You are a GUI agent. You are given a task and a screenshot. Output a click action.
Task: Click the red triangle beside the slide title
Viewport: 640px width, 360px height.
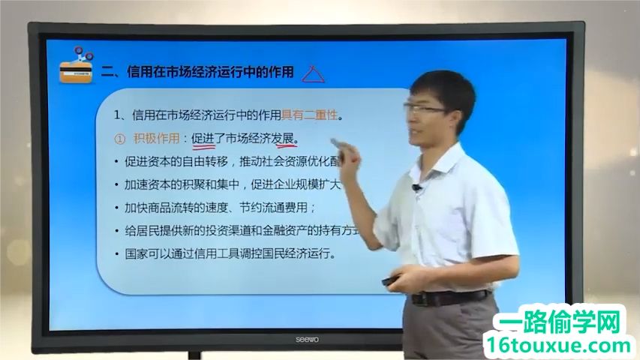pos(314,73)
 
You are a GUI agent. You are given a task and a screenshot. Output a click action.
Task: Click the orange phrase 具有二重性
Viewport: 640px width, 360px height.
pos(310,115)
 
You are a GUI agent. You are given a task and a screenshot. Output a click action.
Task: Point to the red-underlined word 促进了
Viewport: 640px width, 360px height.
pos(208,139)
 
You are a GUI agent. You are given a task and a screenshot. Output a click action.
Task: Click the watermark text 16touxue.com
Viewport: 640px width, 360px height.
pos(558,346)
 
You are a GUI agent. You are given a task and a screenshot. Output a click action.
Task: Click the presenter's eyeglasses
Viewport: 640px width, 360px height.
pos(430,110)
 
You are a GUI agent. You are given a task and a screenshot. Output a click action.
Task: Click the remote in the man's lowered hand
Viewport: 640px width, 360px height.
pos(392,281)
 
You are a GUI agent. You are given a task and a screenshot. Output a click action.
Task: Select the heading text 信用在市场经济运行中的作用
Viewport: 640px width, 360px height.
pos(210,72)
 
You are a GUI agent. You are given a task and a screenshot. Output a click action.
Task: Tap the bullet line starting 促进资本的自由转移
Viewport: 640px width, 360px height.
pos(225,161)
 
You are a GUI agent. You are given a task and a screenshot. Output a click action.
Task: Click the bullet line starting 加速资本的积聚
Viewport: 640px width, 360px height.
pos(225,184)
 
